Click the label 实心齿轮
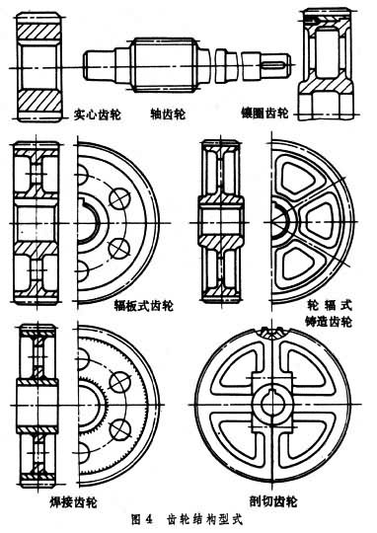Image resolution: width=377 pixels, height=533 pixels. click(x=97, y=114)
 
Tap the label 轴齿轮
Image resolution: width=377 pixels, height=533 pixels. click(x=168, y=114)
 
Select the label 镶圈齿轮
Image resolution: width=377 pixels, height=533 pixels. click(x=264, y=113)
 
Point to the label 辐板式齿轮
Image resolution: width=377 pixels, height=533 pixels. click(x=144, y=305)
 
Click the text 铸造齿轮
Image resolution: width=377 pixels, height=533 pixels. click(x=328, y=322)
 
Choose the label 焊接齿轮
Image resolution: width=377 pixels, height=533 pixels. click(x=73, y=502)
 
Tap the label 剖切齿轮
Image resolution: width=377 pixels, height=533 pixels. click(x=273, y=501)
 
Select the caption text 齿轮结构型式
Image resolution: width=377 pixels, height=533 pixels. click(x=205, y=520)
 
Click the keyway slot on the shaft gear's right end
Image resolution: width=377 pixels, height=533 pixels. click(x=273, y=63)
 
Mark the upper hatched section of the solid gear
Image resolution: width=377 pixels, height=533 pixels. click(x=39, y=31)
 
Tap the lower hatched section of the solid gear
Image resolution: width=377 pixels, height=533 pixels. click(x=39, y=101)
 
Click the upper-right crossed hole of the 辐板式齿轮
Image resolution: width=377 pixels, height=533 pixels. click(x=119, y=198)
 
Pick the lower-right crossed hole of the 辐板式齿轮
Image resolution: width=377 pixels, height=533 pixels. click(x=119, y=248)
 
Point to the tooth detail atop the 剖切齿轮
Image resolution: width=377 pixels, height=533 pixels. click(x=273, y=333)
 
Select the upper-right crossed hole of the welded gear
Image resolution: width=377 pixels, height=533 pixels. click(x=119, y=381)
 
